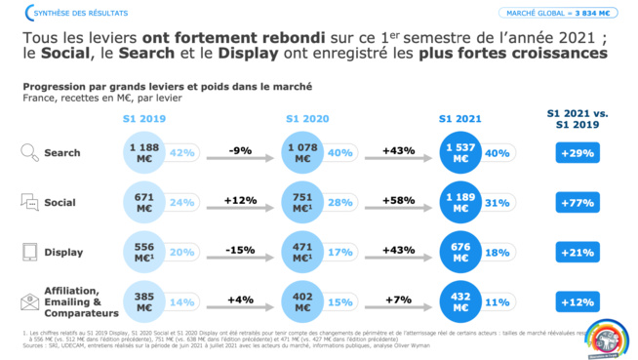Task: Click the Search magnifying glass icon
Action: [x=30, y=152]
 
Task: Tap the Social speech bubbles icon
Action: [x=30, y=202]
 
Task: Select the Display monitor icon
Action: [x=30, y=252]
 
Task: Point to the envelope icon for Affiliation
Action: [x=30, y=300]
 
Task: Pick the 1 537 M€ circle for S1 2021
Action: [x=461, y=152]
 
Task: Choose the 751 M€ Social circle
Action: [x=304, y=202]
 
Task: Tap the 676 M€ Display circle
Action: [x=461, y=252]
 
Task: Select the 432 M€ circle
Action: [x=461, y=300]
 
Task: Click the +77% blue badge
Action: [x=576, y=202]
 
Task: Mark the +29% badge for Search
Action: [x=576, y=153]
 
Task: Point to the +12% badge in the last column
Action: [x=576, y=301]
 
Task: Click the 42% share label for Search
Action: [x=181, y=153]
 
